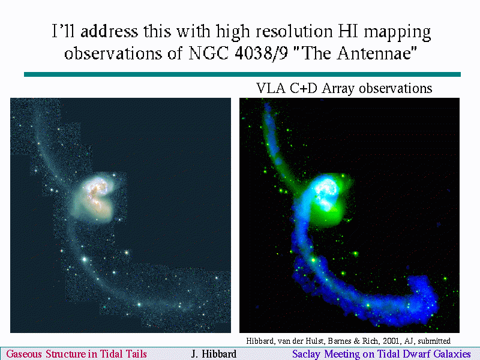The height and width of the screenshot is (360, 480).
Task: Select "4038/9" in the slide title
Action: click(262, 53)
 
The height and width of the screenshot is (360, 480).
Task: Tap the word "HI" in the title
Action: click(348, 31)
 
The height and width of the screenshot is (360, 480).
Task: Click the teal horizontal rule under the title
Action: click(242, 74)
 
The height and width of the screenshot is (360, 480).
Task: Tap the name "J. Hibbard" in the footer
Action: click(214, 354)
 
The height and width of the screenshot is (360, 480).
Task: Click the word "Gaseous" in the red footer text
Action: click(24, 354)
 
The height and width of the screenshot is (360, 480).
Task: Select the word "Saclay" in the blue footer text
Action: click(306, 354)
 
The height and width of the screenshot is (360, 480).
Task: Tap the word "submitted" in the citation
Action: click(434, 341)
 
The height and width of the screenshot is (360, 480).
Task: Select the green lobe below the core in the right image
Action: click(328, 216)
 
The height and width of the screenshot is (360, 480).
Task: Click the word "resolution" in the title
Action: click(294, 31)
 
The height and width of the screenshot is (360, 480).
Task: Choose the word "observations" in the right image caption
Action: click(395, 88)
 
